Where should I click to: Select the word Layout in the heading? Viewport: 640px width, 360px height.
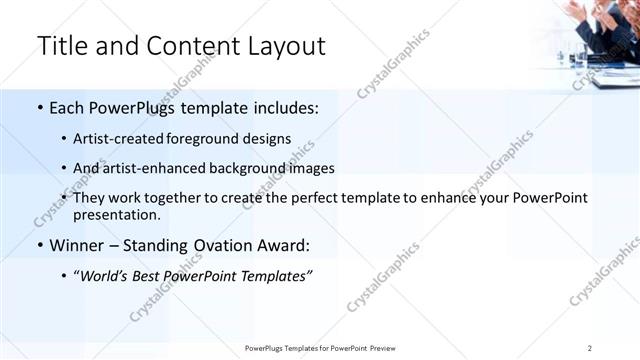coord(285,46)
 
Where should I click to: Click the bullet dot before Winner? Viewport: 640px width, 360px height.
coord(39,244)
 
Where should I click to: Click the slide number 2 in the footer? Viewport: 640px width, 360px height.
coord(590,348)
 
